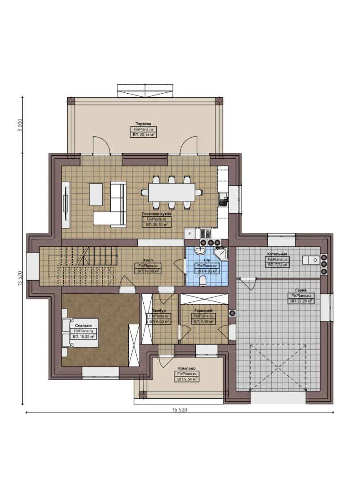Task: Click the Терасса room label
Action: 143,123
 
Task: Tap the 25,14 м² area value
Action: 143,135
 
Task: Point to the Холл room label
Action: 147,260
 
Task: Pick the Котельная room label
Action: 276,253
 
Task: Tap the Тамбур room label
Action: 159,311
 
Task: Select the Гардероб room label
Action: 203,311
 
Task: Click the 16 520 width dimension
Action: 180,410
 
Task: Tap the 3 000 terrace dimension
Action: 19,125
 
